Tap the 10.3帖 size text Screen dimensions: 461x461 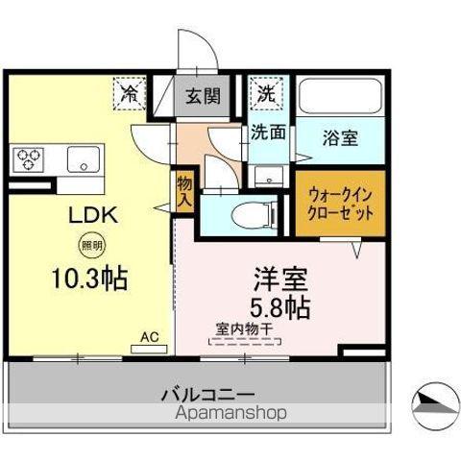tap(88, 280)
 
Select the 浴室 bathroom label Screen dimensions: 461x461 tap(340, 136)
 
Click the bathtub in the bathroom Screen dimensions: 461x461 tap(341, 97)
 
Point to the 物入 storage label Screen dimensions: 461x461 tap(183, 191)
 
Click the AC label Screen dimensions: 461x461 tap(149, 336)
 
